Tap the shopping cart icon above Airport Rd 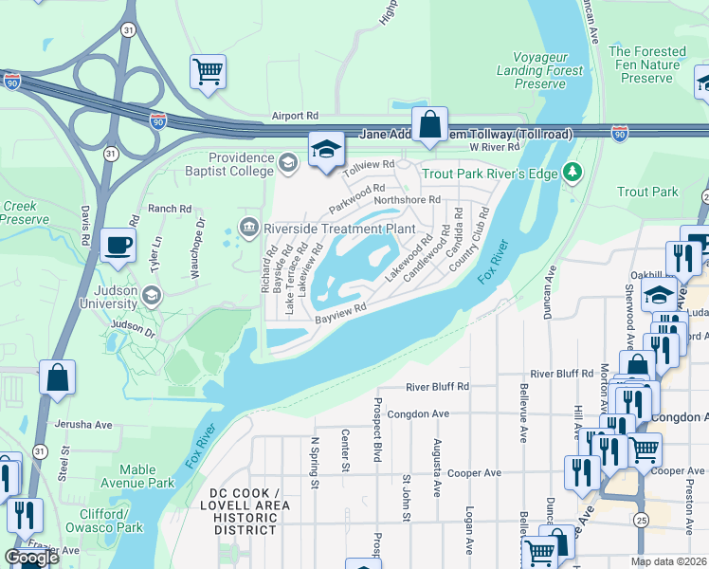[x=208, y=71]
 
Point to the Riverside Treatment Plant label [x=339, y=228]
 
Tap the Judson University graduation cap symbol [x=151, y=296]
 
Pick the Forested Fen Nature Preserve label [x=646, y=64]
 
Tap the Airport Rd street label [x=294, y=116]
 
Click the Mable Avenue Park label [x=147, y=476]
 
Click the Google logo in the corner [x=31, y=558]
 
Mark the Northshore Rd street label [x=408, y=200]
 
